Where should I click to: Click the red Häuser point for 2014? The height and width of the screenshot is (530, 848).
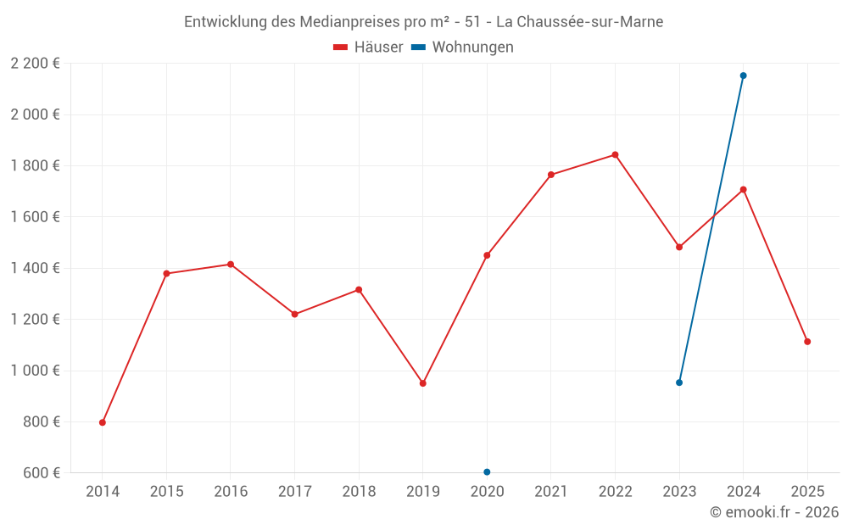[x=103, y=422]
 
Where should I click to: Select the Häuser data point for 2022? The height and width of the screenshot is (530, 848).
[x=615, y=155]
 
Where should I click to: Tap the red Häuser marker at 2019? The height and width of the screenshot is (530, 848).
[x=423, y=383]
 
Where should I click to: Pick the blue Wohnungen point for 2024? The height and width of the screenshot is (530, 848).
[x=743, y=75]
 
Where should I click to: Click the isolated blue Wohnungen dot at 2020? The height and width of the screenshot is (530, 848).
[x=487, y=472]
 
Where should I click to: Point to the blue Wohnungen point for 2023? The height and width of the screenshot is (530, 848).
[x=679, y=382]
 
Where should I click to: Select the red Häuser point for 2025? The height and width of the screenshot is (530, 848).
[x=807, y=342]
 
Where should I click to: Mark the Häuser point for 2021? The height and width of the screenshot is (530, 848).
[x=551, y=175]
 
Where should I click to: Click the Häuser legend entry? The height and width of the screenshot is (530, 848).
[x=368, y=47]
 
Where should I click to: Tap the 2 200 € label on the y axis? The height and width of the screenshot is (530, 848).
[x=36, y=64]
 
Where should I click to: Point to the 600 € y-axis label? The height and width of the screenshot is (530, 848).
[x=41, y=473]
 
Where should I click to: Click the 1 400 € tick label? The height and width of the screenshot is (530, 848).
[x=36, y=268]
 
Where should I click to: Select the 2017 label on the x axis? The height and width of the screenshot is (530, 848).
[x=294, y=492]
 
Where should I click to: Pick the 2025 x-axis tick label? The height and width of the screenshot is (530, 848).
[x=807, y=492]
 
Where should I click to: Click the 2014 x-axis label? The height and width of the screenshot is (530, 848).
[x=103, y=492]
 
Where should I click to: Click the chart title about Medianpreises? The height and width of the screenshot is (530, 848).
[x=424, y=22]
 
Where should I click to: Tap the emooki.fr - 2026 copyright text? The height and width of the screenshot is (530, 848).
[x=774, y=512]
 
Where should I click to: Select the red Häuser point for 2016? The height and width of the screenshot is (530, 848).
[x=231, y=265]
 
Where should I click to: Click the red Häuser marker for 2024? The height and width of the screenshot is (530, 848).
[x=743, y=190]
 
